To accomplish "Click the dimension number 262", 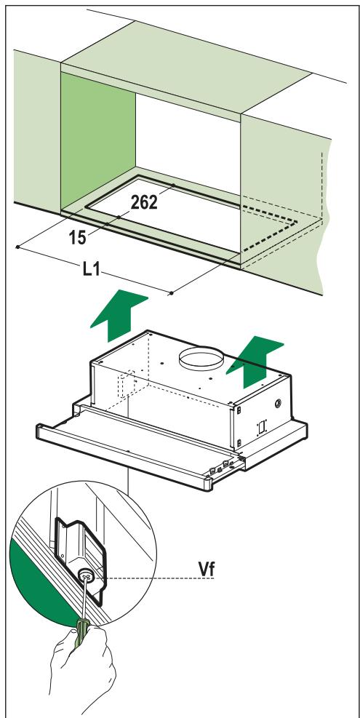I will [148, 203].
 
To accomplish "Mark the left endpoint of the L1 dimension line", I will [16, 248].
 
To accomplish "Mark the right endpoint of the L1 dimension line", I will [170, 293].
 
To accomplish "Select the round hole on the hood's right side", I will [279, 401].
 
